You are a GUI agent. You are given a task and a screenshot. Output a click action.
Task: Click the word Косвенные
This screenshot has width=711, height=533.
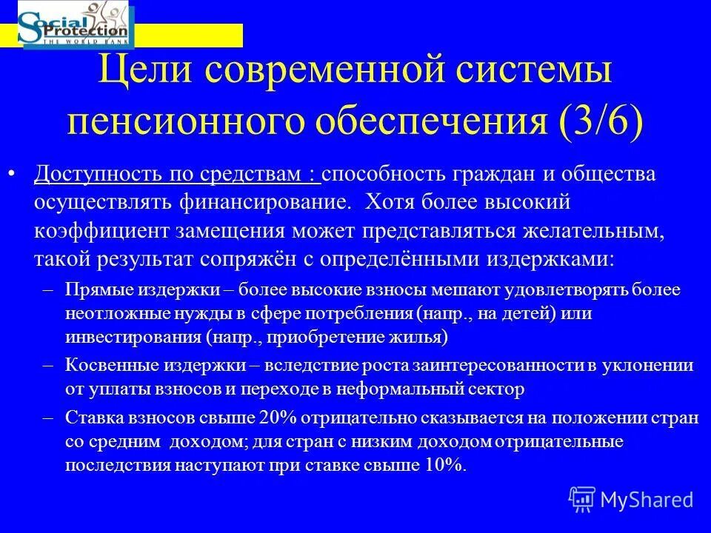102,365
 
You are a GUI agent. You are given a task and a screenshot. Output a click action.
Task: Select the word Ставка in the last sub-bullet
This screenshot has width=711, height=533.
90,418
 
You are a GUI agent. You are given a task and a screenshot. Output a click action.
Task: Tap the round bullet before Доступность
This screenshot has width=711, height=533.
11,175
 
